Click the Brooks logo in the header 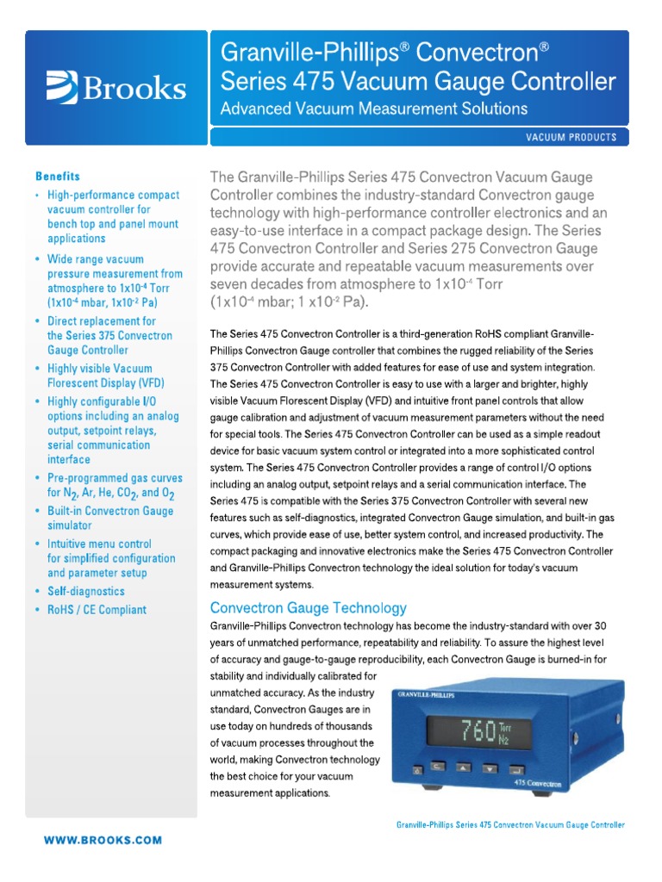(x=115, y=87)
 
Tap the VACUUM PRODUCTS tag (x=571, y=138)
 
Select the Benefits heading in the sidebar (x=58, y=176)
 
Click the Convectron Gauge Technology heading (x=309, y=607)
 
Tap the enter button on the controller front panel (x=516, y=768)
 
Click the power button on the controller (x=415, y=769)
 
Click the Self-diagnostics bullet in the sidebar (x=85, y=591)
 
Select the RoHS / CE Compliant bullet (x=97, y=610)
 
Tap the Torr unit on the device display (x=503, y=725)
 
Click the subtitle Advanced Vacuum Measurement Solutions (x=374, y=109)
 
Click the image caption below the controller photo (x=510, y=824)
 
